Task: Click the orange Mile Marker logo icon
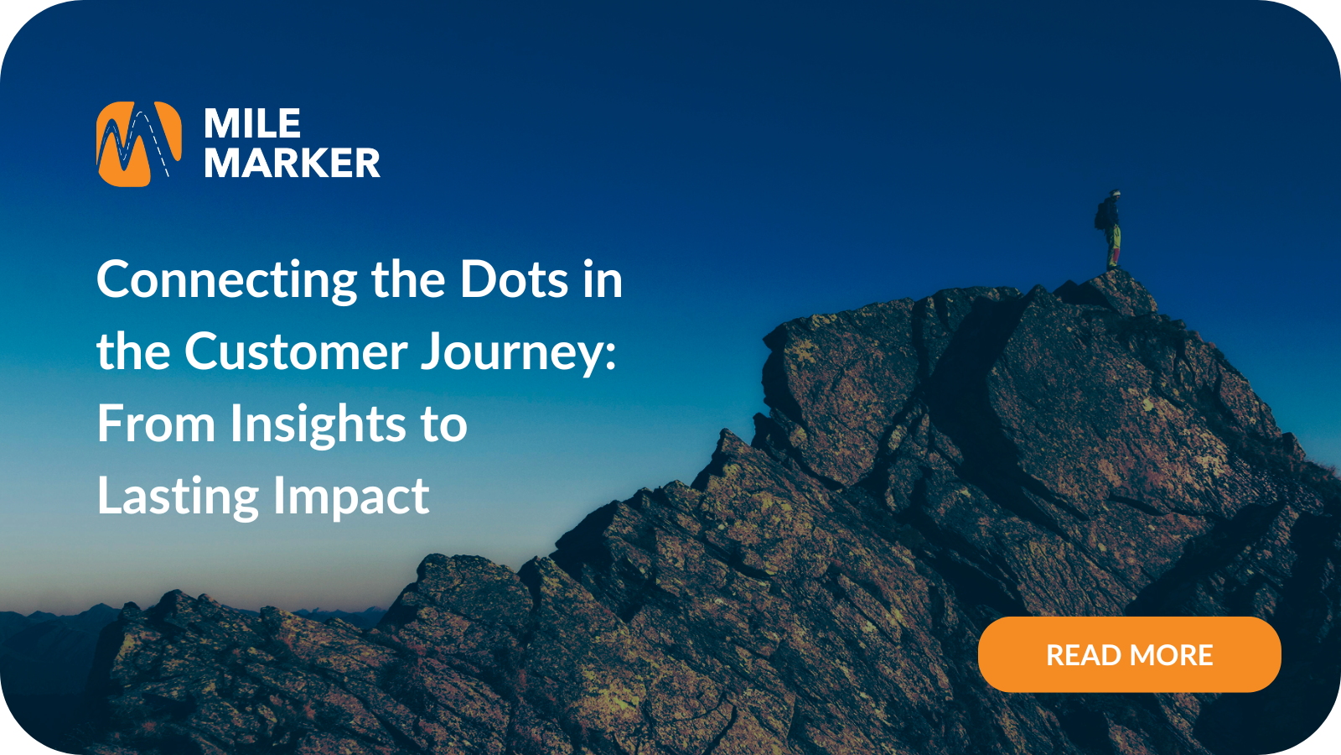click(138, 143)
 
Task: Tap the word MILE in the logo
click(252, 124)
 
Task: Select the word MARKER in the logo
click(293, 163)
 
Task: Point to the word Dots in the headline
click(514, 279)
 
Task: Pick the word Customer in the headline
click(296, 351)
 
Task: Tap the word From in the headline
click(156, 424)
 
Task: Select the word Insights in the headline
click(318, 425)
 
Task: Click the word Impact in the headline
click(351, 497)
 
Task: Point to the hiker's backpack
click(1100, 216)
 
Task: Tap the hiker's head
click(1114, 195)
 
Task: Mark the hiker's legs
click(1113, 247)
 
